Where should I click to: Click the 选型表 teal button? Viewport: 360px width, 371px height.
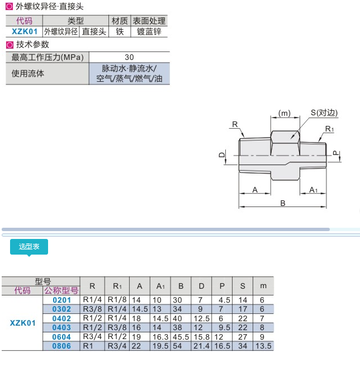(29, 247)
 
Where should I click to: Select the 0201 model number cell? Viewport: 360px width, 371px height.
(61, 300)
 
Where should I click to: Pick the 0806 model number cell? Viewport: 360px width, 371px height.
(61, 346)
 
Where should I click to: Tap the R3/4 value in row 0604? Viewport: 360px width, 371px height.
(93, 337)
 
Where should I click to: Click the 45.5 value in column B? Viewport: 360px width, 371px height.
(181, 337)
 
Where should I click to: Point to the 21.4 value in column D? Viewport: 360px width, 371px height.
(201, 346)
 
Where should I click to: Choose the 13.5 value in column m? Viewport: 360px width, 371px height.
(263, 346)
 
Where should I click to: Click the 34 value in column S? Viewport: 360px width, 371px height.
(243, 346)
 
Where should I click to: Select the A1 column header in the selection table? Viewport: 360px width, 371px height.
(160, 286)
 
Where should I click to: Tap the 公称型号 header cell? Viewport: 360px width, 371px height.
(61, 291)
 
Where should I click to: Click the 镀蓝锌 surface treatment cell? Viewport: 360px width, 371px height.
(149, 32)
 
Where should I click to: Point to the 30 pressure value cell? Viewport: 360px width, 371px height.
(129, 57)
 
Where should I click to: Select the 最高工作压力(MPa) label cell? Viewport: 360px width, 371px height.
(48, 57)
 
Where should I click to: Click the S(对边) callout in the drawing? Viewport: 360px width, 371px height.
(325, 112)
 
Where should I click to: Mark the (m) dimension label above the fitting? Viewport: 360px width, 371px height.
(285, 113)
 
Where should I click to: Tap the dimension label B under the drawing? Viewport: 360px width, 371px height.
(283, 203)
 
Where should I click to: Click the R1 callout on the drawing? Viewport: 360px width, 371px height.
(330, 129)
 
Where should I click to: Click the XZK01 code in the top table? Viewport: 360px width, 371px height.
(25, 32)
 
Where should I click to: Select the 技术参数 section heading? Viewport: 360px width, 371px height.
(32, 44)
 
